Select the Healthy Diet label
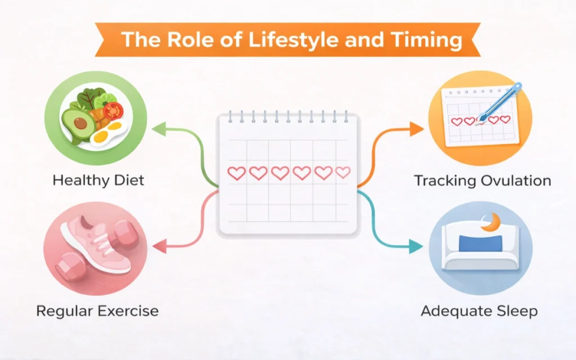click(x=98, y=181)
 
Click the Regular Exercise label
click(x=97, y=311)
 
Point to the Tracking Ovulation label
click(x=482, y=181)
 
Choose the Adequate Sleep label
click(x=479, y=311)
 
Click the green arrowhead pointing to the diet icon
click(x=159, y=129)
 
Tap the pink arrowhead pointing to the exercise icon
click(x=159, y=246)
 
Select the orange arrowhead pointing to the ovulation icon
click(x=417, y=129)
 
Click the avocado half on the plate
click(x=78, y=123)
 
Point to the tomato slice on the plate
click(x=113, y=110)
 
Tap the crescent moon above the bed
click(x=492, y=223)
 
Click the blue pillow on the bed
click(x=480, y=244)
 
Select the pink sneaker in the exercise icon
click(x=96, y=245)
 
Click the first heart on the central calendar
click(x=237, y=173)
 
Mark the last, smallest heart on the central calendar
click(x=343, y=172)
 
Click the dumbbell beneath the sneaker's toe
click(x=70, y=267)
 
